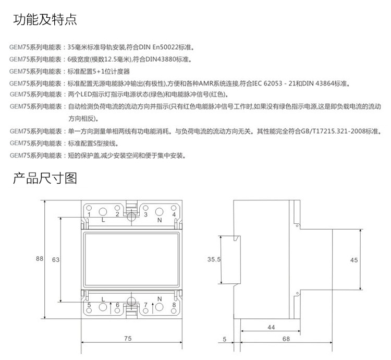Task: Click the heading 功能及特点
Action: click(45, 20)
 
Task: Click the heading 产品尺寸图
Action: click(45, 178)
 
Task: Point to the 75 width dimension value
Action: click(128, 339)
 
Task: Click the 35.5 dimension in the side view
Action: click(214, 259)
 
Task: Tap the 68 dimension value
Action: click(286, 339)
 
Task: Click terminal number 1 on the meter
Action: click(89, 214)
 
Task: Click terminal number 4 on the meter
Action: click(174, 214)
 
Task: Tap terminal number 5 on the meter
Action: click(89, 305)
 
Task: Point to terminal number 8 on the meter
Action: click(174, 305)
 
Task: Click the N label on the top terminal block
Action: click(158, 220)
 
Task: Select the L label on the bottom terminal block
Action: click(103, 298)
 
